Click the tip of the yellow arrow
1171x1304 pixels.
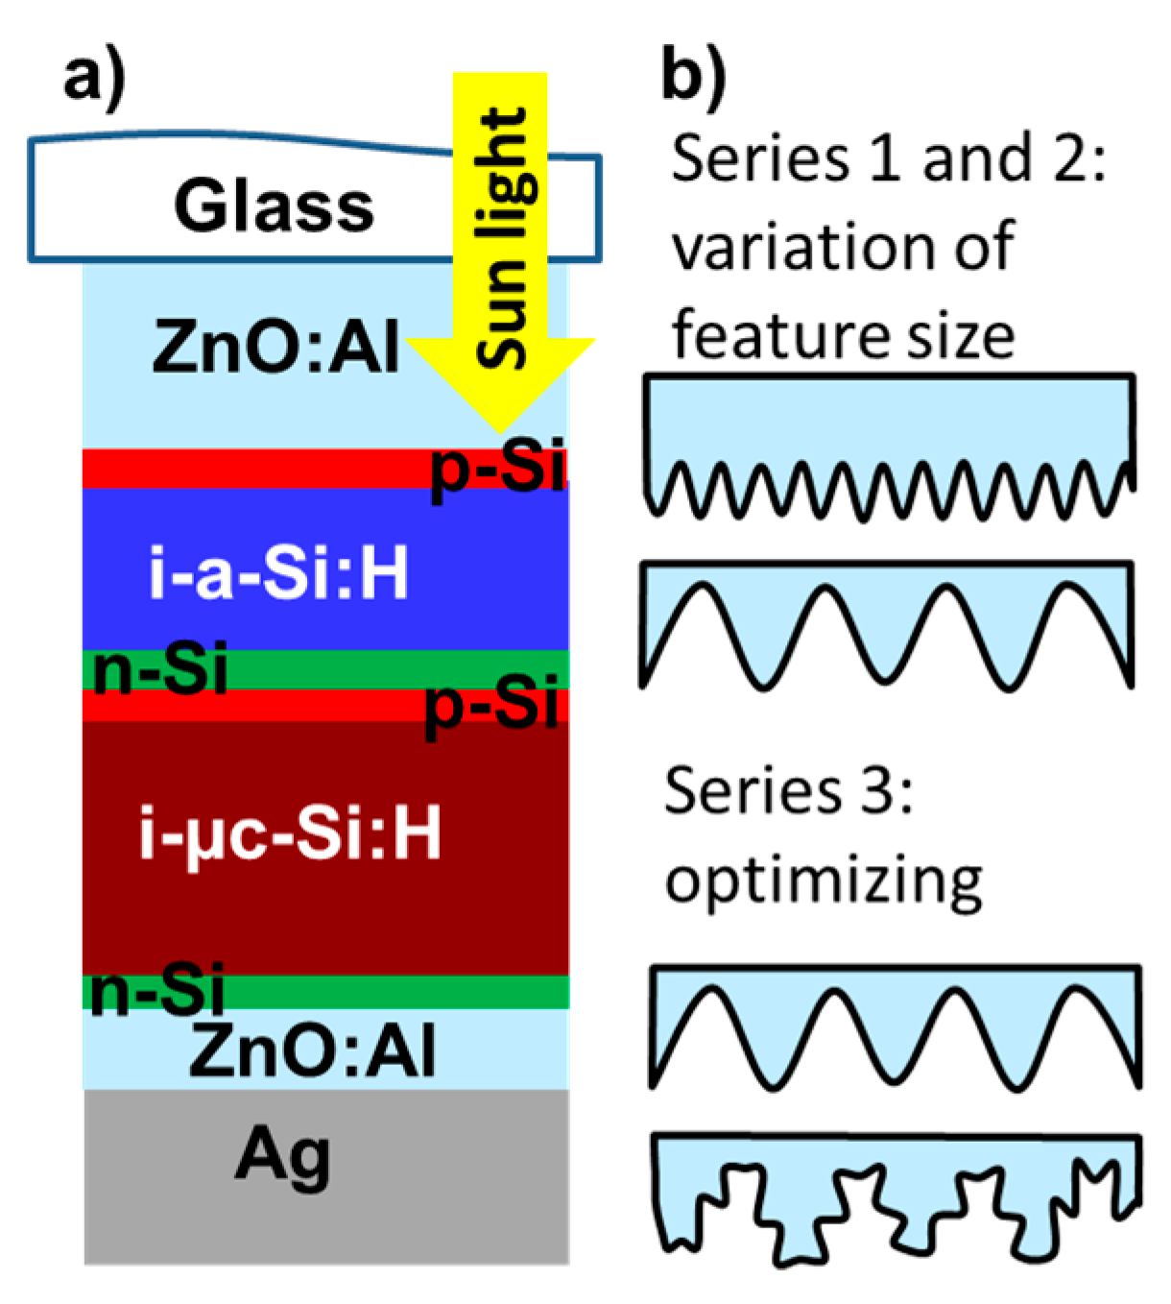pos(499,429)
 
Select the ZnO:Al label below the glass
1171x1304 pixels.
pos(275,348)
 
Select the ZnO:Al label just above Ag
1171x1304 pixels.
pos(312,1051)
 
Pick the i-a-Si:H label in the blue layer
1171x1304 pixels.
pos(279,574)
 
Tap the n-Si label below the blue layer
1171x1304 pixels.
pos(160,669)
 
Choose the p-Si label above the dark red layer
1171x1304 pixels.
pos(491,706)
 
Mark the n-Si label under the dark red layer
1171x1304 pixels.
pos(156,991)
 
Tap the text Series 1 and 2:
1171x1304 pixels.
pos(889,158)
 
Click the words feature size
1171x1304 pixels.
pos(843,336)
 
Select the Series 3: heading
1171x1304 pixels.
pos(787,791)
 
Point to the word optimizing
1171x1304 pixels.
pos(824,880)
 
